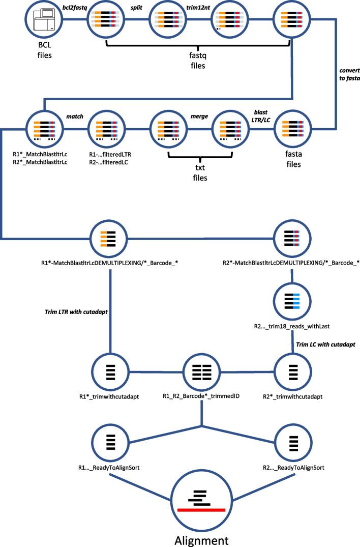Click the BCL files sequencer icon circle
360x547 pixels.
43,21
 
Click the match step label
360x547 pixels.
74,117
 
